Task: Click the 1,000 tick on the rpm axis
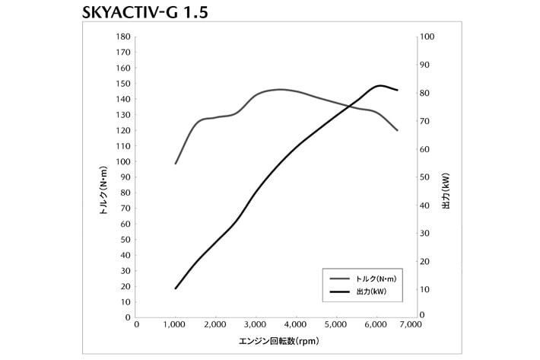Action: click(176, 325)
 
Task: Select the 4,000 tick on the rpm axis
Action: click(296, 325)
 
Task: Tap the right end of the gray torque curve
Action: click(397, 130)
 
